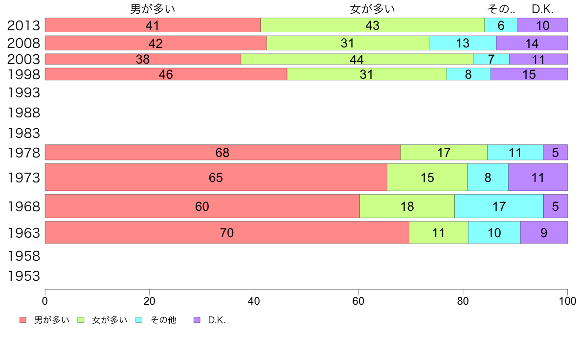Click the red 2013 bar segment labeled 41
pos(153,25)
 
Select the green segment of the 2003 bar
pos(357,59)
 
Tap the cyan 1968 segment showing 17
pos(499,206)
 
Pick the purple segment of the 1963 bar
pos(544,232)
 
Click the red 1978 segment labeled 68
pos(223,153)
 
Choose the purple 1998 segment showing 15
pos(529,74)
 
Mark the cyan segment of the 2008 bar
pos(463,43)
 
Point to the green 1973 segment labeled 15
pos(427,177)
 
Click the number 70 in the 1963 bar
pos(227,233)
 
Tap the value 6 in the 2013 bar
pos(501,25)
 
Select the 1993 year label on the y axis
pos(23,92)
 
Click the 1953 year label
pos(23,276)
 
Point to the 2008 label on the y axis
pos(23,43)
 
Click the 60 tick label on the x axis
pos(358,301)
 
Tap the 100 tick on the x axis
pos(567,301)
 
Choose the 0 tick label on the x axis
pos(45,301)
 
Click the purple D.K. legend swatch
pos(197,320)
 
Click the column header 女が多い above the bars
pos(372,9)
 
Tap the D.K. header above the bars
pos(542,9)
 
